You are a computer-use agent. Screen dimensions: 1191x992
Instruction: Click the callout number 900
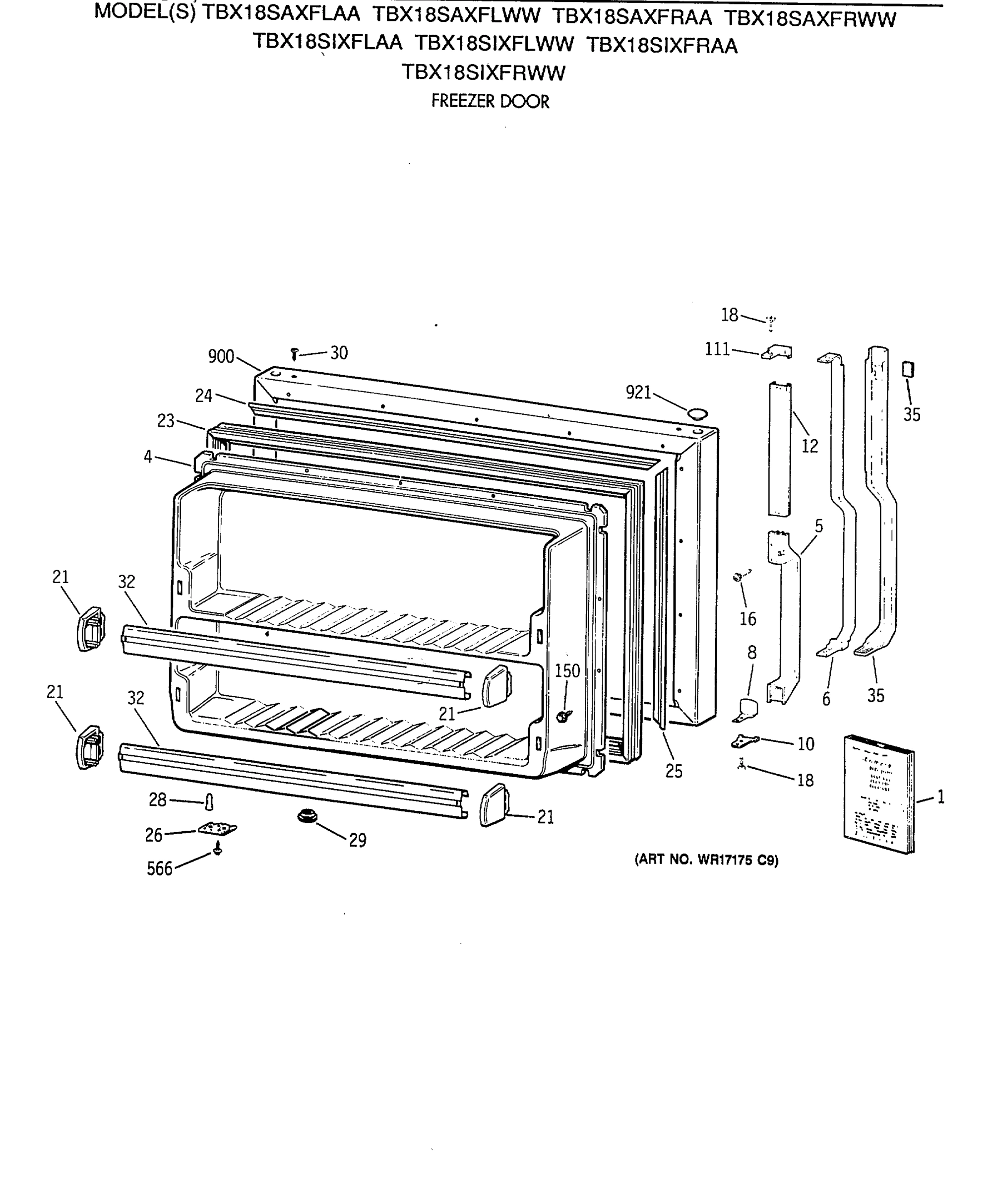(221, 356)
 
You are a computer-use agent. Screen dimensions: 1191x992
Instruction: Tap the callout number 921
(638, 392)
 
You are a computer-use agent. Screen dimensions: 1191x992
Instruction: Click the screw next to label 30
(294, 354)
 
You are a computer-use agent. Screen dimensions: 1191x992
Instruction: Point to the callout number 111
(717, 349)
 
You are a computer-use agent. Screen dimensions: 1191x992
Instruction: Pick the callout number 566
(159, 869)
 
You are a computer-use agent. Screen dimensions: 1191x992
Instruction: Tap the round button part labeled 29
(307, 817)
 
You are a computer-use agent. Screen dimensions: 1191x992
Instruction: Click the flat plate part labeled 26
(217, 829)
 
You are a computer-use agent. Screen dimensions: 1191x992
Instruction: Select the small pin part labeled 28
(209, 802)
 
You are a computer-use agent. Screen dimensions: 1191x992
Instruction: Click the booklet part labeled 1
(878, 794)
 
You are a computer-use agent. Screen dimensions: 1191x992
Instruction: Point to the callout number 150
(567, 671)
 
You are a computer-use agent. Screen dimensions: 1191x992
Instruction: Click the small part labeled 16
(739, 577)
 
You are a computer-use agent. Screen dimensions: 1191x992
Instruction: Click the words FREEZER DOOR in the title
(491, 102)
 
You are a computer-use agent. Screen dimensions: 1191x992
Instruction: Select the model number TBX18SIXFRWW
(484, 72)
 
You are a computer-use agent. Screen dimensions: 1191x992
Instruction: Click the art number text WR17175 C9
(706, 860)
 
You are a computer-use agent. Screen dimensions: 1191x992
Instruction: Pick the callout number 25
(674, 771)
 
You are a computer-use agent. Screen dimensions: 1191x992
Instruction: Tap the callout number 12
(809, 446)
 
